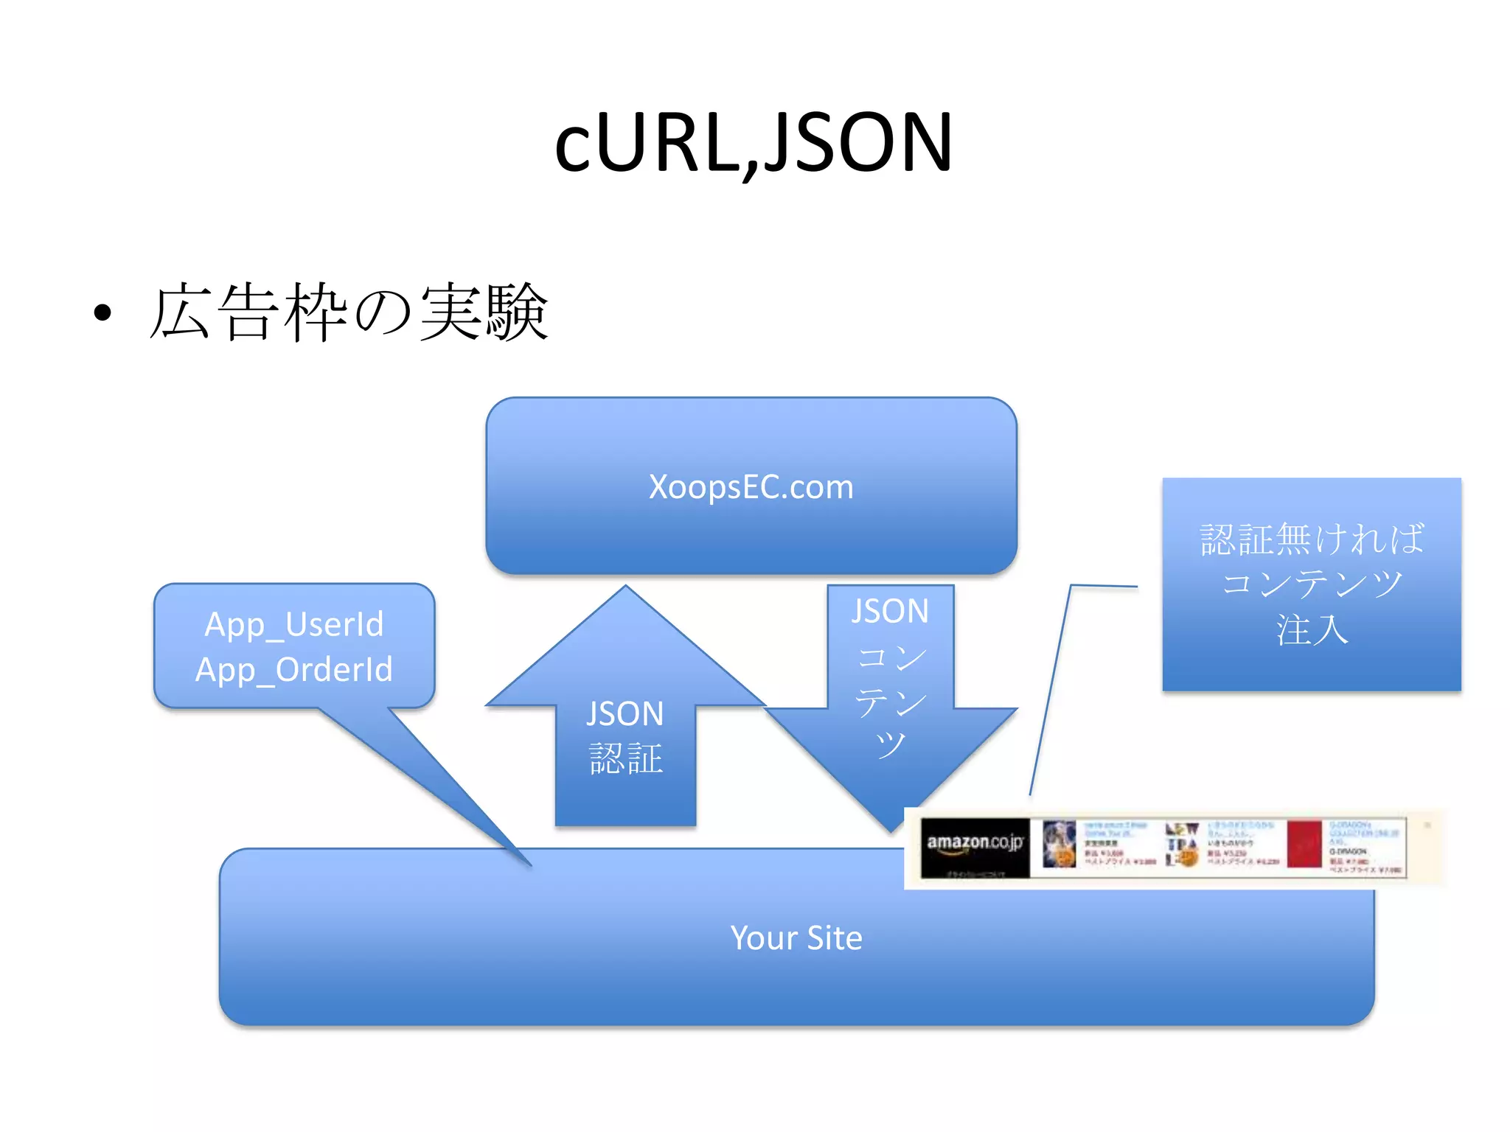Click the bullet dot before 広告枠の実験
click(103, 312)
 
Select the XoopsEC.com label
click(751, 487)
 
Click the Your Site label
click(796, 938)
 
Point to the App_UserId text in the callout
click(293, 624)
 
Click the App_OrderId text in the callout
click(293, 669)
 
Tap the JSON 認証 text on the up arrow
click(625, 736)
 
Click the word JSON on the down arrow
click(890, 612)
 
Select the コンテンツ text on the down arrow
click(891, 700)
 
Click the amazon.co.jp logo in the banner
click(975, 843)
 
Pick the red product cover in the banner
click(1304, 844)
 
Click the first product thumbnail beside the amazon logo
click(1060, 845)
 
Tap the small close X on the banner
click(1427, 825)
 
